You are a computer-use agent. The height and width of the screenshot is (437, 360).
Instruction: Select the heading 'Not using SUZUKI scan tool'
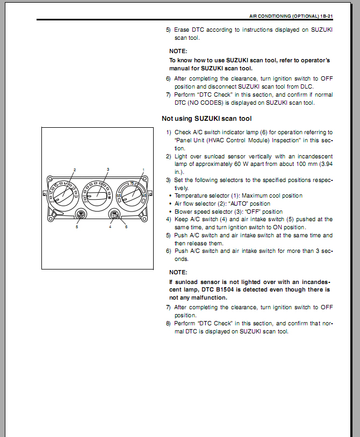point(206,119)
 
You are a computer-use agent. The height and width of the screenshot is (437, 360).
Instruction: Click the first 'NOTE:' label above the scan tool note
point(178,51)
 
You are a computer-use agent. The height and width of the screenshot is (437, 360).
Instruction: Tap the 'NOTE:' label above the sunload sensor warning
point(178,272)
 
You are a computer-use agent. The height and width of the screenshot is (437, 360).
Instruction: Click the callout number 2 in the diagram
point(75,170)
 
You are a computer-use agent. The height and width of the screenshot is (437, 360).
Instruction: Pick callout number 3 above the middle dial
point(108,170)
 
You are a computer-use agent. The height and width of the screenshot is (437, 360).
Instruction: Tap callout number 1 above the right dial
point(143,170)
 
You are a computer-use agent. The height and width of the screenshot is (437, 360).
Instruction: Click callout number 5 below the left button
point(77,227)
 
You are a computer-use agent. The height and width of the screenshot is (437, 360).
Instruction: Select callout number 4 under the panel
point(110,227)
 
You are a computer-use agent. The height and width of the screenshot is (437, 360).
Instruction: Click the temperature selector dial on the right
point(131,195)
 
